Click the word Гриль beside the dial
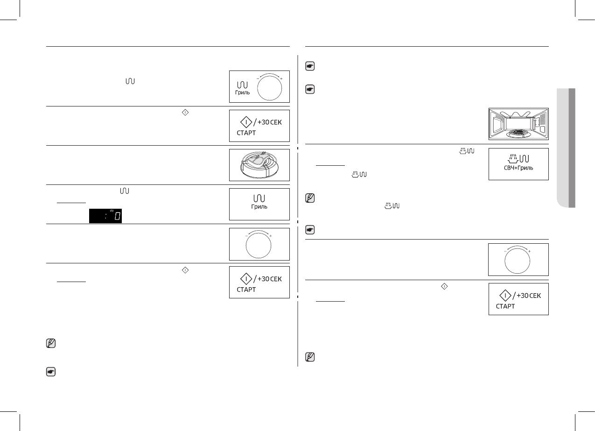pos(243,93)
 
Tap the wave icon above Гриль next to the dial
pos(243,85)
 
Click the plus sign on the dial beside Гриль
pos(281,79)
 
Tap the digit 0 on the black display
pos(118,216)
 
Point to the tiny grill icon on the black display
pos(112,211)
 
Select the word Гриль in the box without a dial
pos(259,206)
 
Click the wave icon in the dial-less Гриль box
pos(259,198)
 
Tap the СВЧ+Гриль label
pos(518,167)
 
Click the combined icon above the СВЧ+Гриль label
pos(518,158)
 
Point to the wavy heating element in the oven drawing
pos(518,114)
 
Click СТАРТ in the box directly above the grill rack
pos(246,133)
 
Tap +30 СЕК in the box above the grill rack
pos(270,123)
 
